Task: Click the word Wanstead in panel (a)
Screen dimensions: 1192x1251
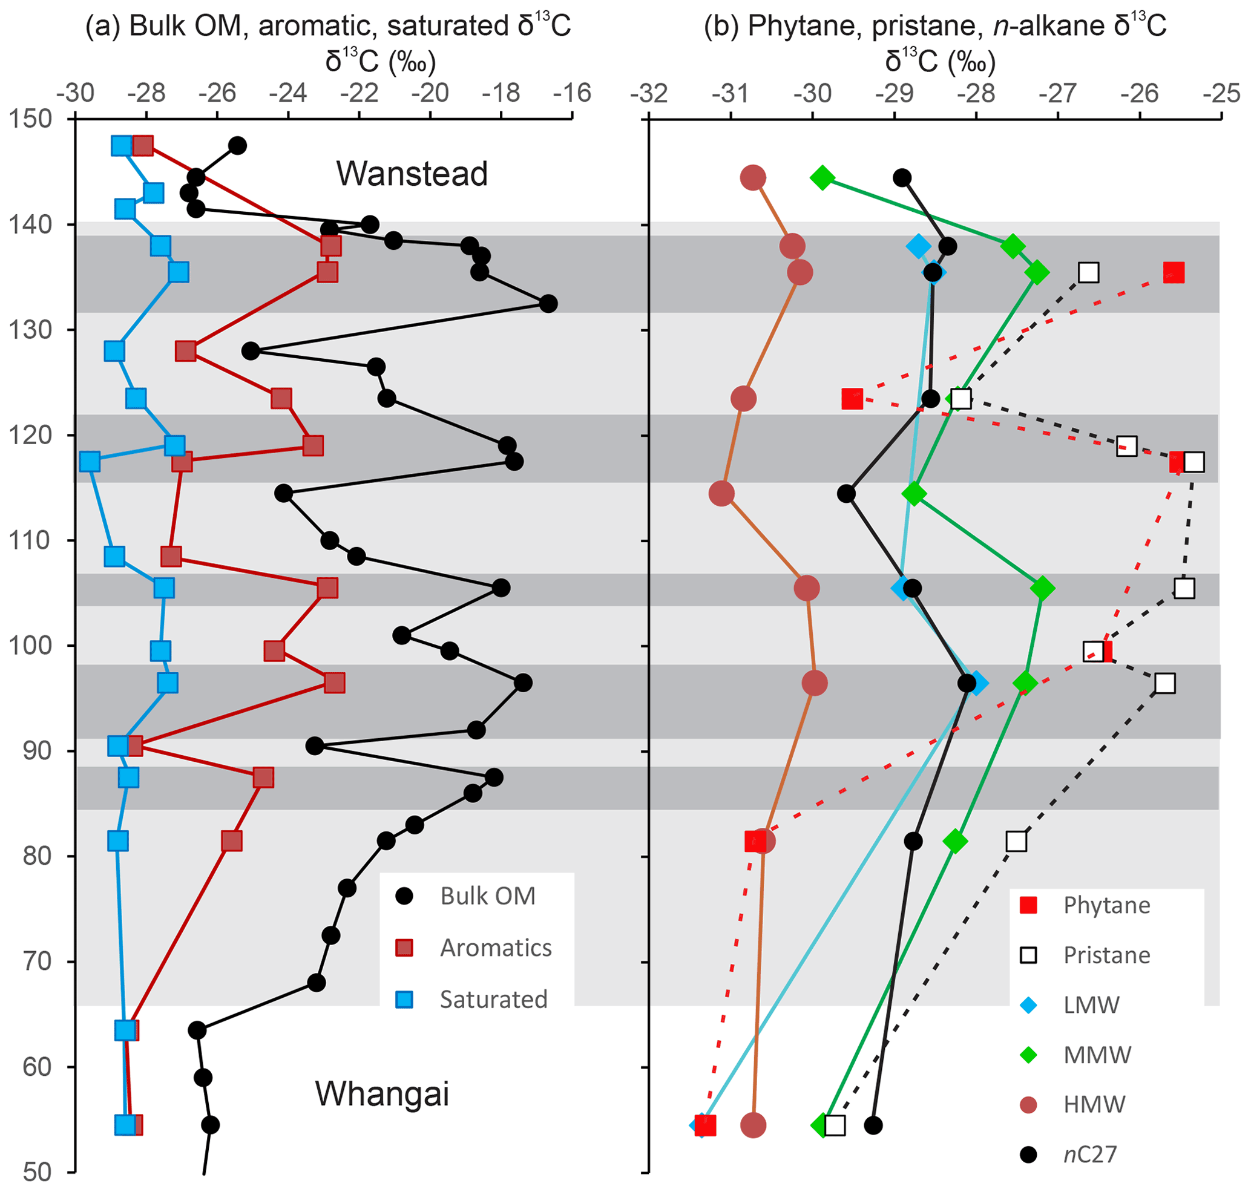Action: pyautogui.click(x=412, y=174)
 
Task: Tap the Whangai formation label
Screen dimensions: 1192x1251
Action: pyautogui.click(x=382, y=1093)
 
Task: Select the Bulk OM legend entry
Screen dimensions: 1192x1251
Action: pyautogui.click(x=488, y=896)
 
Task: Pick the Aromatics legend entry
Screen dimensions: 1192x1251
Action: pyautogui.click(x=496, y=948)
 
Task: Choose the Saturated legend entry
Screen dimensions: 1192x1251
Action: pyautogui.click(x=493, y=1000)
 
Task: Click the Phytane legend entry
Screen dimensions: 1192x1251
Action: pyautogui.click(x=1107, y=905)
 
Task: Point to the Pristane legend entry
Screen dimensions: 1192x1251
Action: pyautogui.click(x=1107, y=955)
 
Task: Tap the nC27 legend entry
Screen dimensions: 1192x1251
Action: pyautogui.click(x=1089, y=1154)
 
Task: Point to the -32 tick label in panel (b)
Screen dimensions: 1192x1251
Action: pyautogui.click(x=648, y=94)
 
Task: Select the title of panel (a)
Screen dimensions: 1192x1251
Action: pyautogui.click(x=328, y=27)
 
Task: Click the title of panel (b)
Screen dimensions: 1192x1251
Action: pyautogui.click(x=935, y=27)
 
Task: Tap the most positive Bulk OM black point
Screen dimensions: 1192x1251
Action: pyautogui.click(x=548, y=304)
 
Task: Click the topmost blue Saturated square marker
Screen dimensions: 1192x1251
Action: pyautogui.click(x=122, y=145)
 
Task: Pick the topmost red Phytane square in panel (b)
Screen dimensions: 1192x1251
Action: pyautogui.click(x=1174, y=272)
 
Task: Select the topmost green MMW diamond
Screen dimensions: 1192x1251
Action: pyautogui.click(x=823, y=177)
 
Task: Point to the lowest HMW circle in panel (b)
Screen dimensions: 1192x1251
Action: pyautogui.click(x=754, y=1125)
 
